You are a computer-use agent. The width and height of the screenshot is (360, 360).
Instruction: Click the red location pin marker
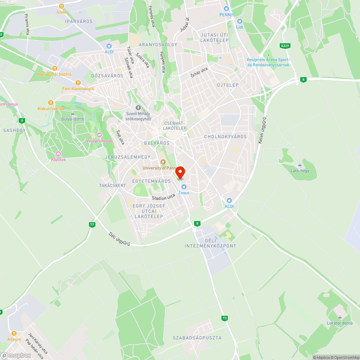click(180, 172)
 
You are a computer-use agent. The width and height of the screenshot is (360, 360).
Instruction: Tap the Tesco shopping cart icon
click(184, 186)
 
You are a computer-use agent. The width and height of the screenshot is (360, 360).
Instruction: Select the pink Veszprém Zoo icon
click(99, 135)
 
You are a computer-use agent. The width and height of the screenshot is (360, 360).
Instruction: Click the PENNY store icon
click(226, 9)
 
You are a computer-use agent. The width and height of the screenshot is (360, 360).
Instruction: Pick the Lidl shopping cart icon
click(239, 21)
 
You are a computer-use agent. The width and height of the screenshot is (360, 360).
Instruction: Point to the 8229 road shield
click(285, 46)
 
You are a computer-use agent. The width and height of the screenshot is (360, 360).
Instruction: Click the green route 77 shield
click(92, 225)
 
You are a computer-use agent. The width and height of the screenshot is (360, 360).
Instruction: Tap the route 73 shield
click(225, 318)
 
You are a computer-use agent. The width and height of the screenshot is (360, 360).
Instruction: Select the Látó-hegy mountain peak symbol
click(300, 165)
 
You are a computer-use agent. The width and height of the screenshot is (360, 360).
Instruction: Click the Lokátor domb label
click(339, 323)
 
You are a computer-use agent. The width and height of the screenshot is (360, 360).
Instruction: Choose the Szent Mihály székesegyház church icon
click(138, 108)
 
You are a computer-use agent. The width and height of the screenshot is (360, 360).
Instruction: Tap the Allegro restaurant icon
click(14, 333)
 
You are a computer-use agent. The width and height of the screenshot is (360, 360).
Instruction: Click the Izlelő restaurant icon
click(62, 6)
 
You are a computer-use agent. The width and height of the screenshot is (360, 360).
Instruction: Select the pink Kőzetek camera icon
click(58, 154)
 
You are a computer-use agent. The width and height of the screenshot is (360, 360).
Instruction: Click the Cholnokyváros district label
click(225, 137)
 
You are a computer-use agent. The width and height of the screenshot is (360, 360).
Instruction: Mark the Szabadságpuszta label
click(197, 338)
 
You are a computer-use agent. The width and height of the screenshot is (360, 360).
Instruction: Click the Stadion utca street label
click(163, 197)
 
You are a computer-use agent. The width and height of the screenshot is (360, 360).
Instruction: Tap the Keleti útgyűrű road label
click(262, 131)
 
